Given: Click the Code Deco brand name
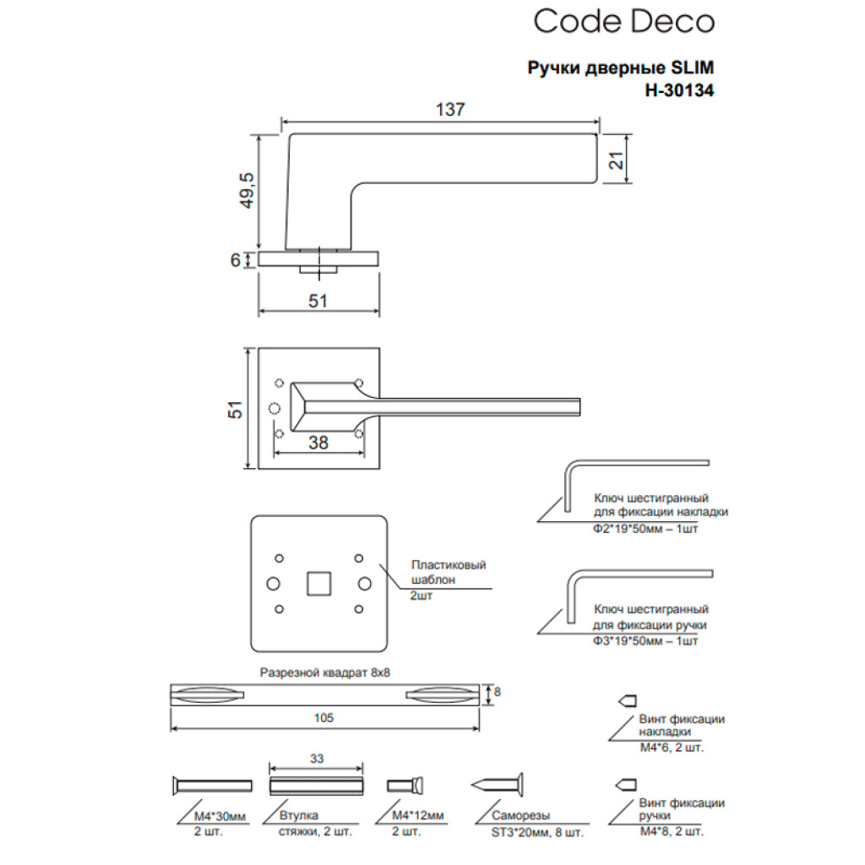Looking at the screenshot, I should (623, 21).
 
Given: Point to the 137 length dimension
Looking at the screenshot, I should (449, 110).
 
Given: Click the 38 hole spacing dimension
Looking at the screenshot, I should (318, 443).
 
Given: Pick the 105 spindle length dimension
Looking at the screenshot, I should (325, 718).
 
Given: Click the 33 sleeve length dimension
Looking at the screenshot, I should (317, 759).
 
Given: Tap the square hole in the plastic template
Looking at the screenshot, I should (318, 583).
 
